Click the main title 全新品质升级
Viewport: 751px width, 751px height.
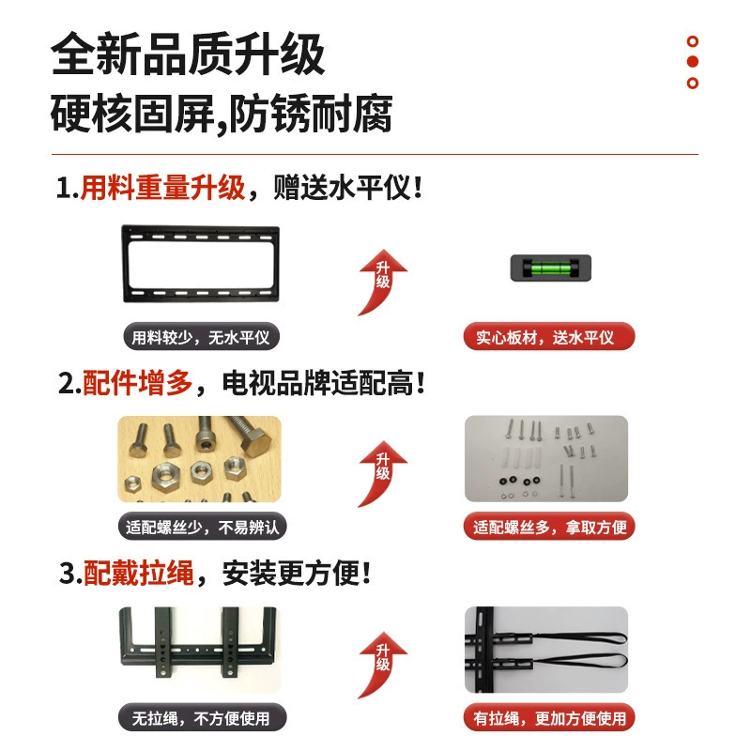tap(188, 54)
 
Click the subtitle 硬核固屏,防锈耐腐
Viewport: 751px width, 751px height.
tap(222, 114)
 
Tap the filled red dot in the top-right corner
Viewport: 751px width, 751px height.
tap(692, 62)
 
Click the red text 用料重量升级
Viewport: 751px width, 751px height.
tap(162, 187)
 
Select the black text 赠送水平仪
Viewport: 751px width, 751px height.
tap(343, 187)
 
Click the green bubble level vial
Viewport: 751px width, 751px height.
tap(551, 268)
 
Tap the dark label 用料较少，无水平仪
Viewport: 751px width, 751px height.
tap(201, 337)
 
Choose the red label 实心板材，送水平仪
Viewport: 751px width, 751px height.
tap(549, 337)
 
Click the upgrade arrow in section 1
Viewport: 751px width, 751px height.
tap(382, 283)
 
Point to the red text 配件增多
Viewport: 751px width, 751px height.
tap(138, 383)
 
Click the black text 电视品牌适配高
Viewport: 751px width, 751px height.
tap(317, 383)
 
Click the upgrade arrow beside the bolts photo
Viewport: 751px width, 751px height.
tap(382, 474)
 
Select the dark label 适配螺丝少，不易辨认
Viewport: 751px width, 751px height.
tap(202, 527)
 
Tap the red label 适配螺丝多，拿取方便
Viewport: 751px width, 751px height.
tap(549, 527)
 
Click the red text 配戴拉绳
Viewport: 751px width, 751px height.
tap(139, 573)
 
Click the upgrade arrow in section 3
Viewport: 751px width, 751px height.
tap(382, 666)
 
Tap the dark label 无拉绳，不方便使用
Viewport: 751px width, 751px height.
tap(202, 717)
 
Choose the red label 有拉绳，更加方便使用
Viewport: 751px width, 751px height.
tap(549, 717)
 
